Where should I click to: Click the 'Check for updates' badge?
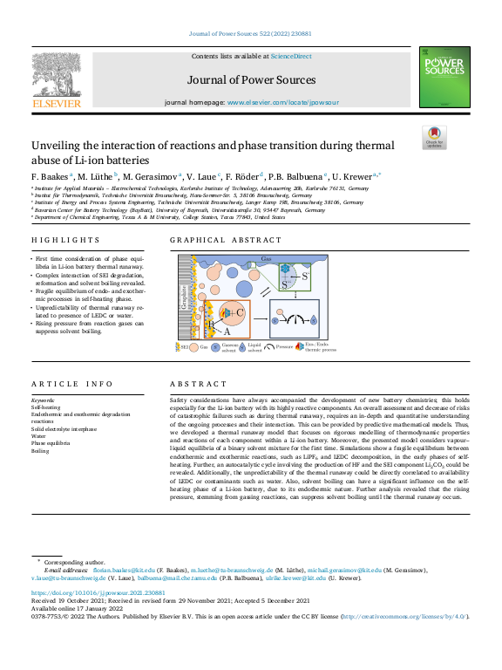point(433,137)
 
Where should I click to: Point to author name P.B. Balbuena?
point(297,175)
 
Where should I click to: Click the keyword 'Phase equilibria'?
point(50,443)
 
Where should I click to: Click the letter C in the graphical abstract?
point(239,311)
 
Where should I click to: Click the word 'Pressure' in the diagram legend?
point(283,347)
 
